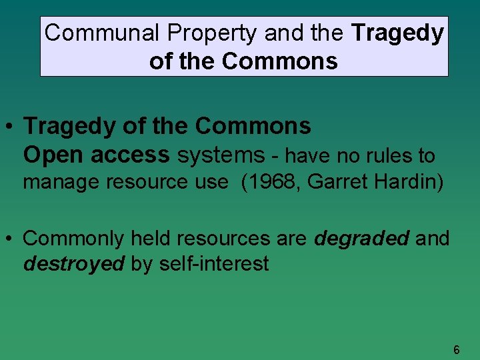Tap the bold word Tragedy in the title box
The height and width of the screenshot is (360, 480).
coord(398,33)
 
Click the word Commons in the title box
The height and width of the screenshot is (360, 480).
coord(280,61)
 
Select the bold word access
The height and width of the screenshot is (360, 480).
coord(131,155)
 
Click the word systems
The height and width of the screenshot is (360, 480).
coord(221,155)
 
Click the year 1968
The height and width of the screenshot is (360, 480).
coord(269,182)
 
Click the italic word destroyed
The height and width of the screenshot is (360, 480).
coord(74,263)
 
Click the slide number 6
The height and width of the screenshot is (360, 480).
coord(456,350)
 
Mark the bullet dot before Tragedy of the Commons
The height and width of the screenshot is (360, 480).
coord(11,126)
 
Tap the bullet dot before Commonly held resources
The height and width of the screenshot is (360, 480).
coord(11,239)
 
